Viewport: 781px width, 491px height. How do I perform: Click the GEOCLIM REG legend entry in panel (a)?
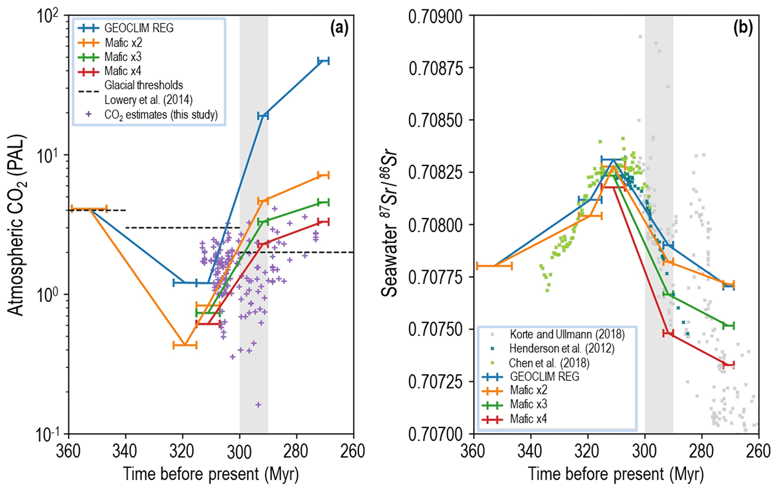(139, 28)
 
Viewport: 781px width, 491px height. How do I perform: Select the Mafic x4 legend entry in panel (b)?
(528, 419)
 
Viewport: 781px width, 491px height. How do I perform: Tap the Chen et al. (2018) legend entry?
(549, 363)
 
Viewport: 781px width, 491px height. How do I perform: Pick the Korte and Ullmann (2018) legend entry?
(567, 334)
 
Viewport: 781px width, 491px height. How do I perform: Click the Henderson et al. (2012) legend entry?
(561, 348)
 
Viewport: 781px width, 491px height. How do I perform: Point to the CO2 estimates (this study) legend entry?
(161, 115)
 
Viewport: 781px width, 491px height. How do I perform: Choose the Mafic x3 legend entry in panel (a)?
(123, 57)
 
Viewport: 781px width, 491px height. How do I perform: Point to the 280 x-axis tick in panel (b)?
(702, 451)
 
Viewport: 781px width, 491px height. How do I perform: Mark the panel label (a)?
(339, 28)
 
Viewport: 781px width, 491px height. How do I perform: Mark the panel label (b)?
(743, 28)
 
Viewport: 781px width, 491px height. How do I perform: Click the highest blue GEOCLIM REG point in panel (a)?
(323, 61)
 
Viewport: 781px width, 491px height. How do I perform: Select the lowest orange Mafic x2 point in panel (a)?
(185, 345)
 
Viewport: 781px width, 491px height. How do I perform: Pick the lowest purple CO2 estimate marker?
(258, 405)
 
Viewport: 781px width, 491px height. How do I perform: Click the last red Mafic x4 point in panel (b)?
(728, 364)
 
